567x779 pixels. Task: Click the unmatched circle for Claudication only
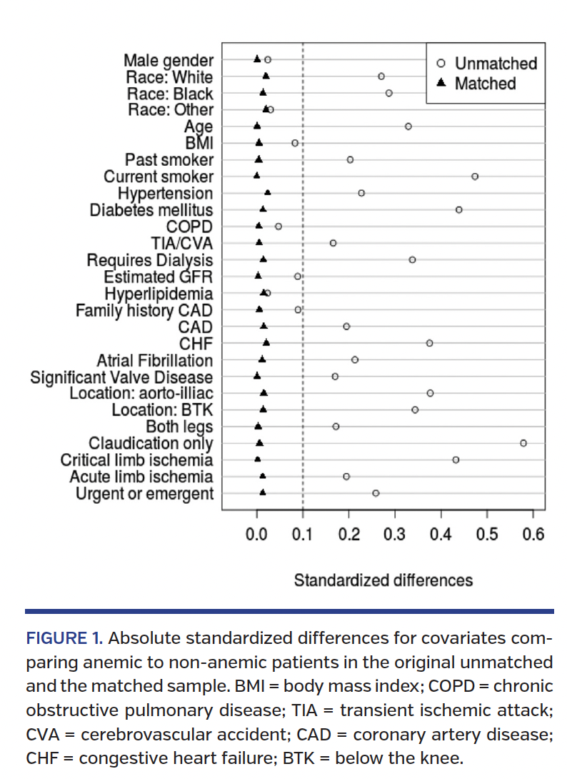(x=523, y=443)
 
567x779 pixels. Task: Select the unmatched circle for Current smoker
(x=475, y=176)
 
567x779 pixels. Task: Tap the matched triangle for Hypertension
(x=268, y=192)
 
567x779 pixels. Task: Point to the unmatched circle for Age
(x=408, y=126)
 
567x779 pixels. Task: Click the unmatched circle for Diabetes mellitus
(x=458, y=209)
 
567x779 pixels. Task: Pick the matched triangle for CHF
(x=266, y=343)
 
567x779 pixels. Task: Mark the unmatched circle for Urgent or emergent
(x=376, y=493)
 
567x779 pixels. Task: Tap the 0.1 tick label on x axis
(x=303, y=534)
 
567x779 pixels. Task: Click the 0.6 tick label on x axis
(x=533, y=534)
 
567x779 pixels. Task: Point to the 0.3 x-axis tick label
(x=395, y=534)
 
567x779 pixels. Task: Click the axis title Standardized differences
(x=383, y=580)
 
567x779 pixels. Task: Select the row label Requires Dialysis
(x=150, y=260)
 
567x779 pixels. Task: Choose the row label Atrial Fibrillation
(x=155, y=360)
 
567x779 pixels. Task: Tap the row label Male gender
(x=169, y=60)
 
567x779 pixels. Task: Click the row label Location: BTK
(x=163, y=410)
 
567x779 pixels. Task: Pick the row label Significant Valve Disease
(x=121, y=377)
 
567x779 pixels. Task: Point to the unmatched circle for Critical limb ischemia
(x=456, y=460)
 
